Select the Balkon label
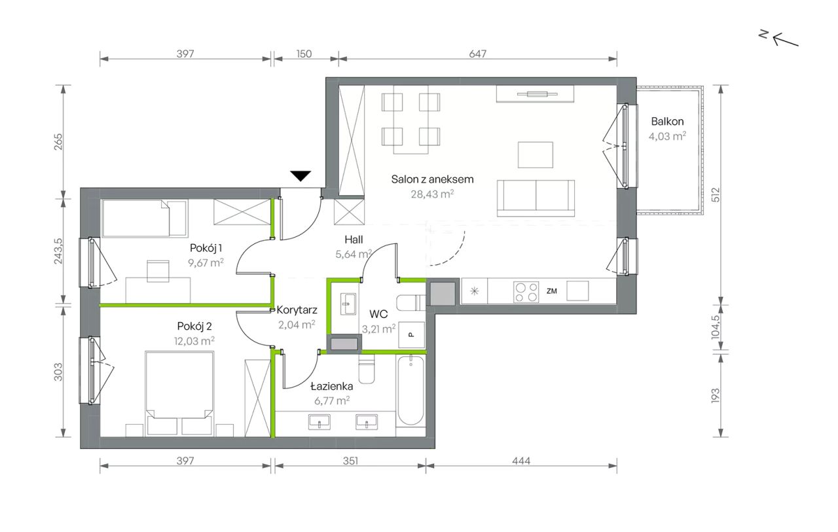[667, 121]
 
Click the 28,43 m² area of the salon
[432, 194]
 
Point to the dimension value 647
[477, 54]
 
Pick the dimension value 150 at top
[304, 54]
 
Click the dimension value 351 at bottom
[350, 461]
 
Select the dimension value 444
[521, 461]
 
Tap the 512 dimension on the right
[716, 194]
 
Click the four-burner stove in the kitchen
[526, 292]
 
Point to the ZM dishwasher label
[551, 291]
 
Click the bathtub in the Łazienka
[410, 390]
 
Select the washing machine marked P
[412, 334]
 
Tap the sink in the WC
[348, 304]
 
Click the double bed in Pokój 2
[179, 393]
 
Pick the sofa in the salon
[536, 198]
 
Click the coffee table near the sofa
[536, 155]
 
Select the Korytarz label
[297, 310]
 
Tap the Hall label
[354, 239]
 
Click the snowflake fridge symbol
[475, 291]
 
